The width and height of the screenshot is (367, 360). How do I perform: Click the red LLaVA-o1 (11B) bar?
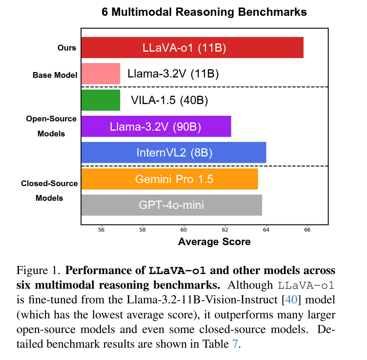(192, 47)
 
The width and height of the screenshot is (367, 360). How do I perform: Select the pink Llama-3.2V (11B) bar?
(101, 74)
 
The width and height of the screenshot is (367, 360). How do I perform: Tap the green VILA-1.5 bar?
(101, 100)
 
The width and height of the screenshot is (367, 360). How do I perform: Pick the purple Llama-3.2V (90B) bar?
(156, 126)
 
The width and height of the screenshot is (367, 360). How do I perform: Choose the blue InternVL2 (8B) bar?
(173, 153)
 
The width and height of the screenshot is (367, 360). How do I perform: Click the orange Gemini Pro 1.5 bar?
(169, 179)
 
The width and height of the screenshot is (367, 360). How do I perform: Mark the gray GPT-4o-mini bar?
(172, 205)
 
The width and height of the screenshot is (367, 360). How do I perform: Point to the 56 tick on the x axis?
(101, 230)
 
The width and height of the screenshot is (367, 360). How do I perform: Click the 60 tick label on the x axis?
(183, 230)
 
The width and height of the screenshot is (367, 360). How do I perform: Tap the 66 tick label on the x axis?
(307, 230)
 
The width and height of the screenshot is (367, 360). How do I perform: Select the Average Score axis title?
(214, 242)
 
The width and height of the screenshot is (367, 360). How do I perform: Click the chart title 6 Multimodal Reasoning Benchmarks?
(204, 12)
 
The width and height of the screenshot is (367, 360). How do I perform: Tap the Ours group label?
(67, 48)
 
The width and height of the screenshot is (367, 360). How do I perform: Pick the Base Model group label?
(55, 75)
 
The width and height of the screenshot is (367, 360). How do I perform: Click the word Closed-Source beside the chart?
(49, 183)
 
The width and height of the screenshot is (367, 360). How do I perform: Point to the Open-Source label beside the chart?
(51, 119)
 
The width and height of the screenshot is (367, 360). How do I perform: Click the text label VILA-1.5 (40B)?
(169, 101)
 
